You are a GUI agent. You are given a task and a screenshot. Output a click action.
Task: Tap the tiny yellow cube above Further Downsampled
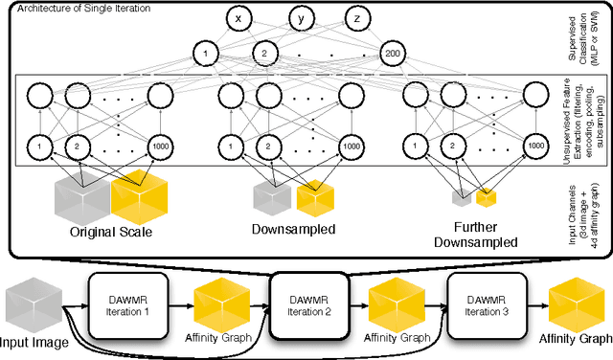[x=488, y=198]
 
